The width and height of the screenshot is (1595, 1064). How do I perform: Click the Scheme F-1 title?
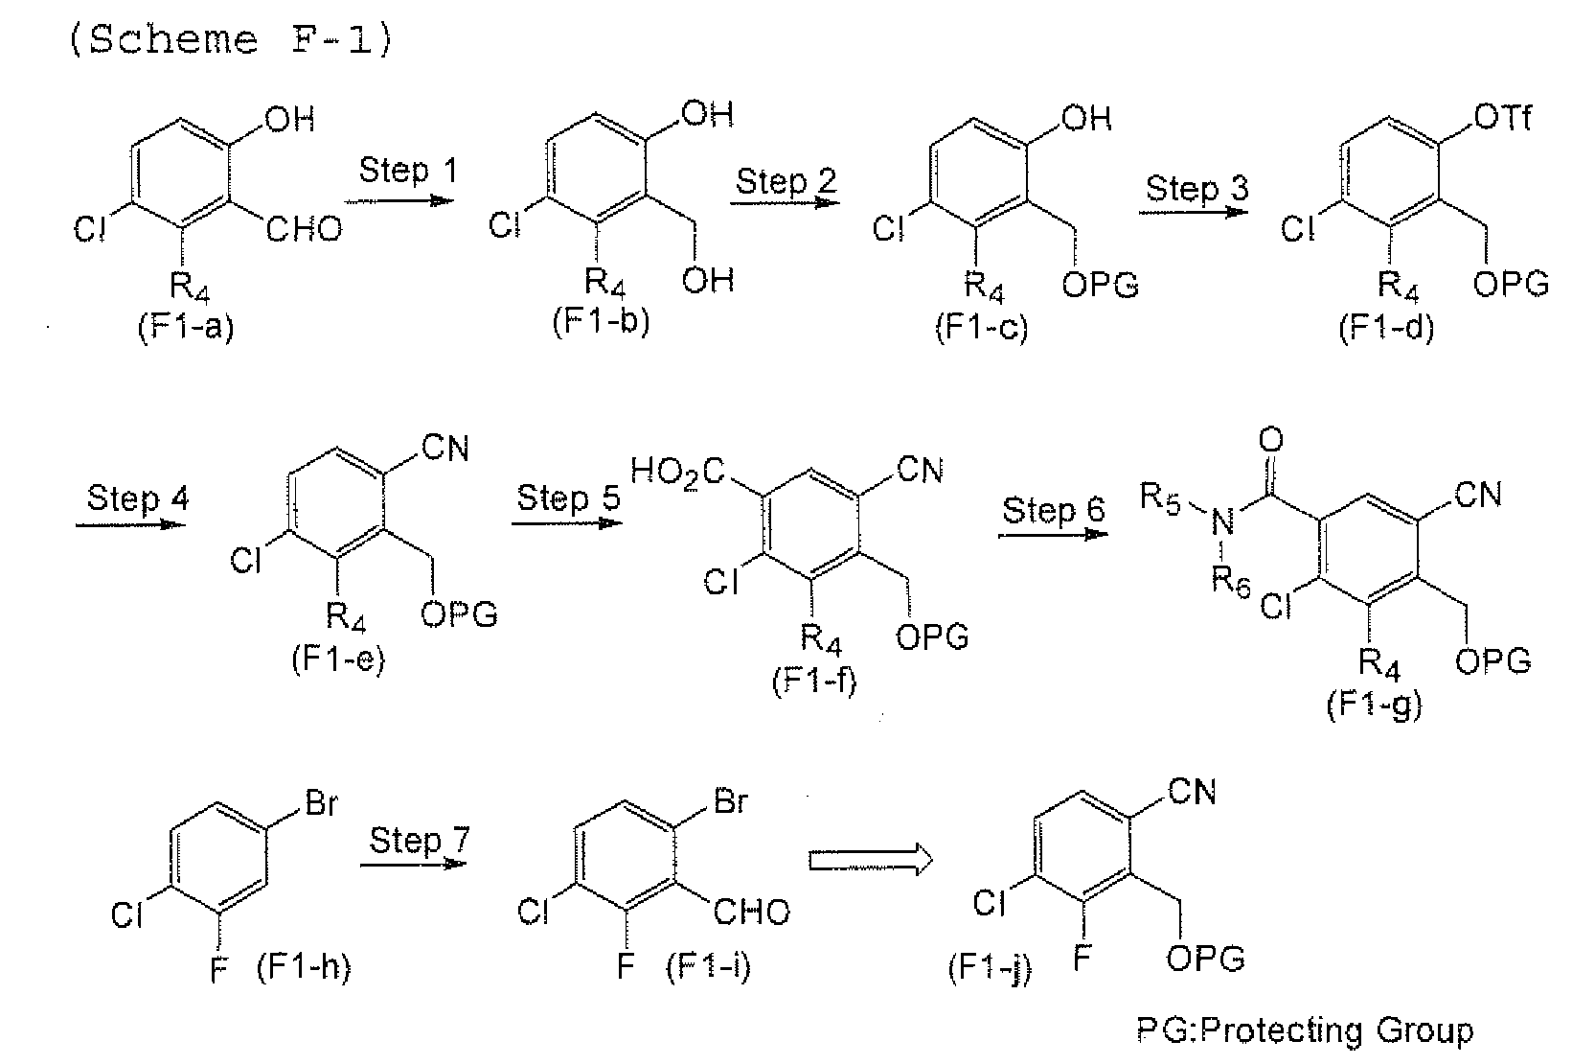(231, 39)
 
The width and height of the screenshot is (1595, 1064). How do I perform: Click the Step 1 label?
(407, 171)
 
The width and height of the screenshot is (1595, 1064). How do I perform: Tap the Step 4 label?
(137, 498)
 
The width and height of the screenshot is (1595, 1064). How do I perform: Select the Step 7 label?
(420, 840)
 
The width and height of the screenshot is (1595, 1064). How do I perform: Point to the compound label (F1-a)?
(185, 328)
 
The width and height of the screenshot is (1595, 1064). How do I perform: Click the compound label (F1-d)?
(1385, 328)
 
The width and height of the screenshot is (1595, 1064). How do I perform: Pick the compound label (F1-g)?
(1375, 705)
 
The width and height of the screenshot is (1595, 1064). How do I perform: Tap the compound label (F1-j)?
(990, 968)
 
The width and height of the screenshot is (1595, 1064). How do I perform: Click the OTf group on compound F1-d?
(1502, 118)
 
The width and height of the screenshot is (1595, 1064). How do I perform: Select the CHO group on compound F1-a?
(304, 229)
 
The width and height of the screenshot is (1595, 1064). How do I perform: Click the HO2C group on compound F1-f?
(677, 473)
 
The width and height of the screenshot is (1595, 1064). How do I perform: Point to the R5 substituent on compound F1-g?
(1159, 497)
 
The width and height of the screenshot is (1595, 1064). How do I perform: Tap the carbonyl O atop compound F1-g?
(1271, 440)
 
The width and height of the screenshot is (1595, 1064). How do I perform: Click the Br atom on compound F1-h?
(321, 803)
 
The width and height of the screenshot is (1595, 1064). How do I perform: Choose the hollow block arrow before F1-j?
(870, 861)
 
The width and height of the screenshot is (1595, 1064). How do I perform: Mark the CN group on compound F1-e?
(445, 449)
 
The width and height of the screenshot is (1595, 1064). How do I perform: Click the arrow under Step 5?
(567, 523)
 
